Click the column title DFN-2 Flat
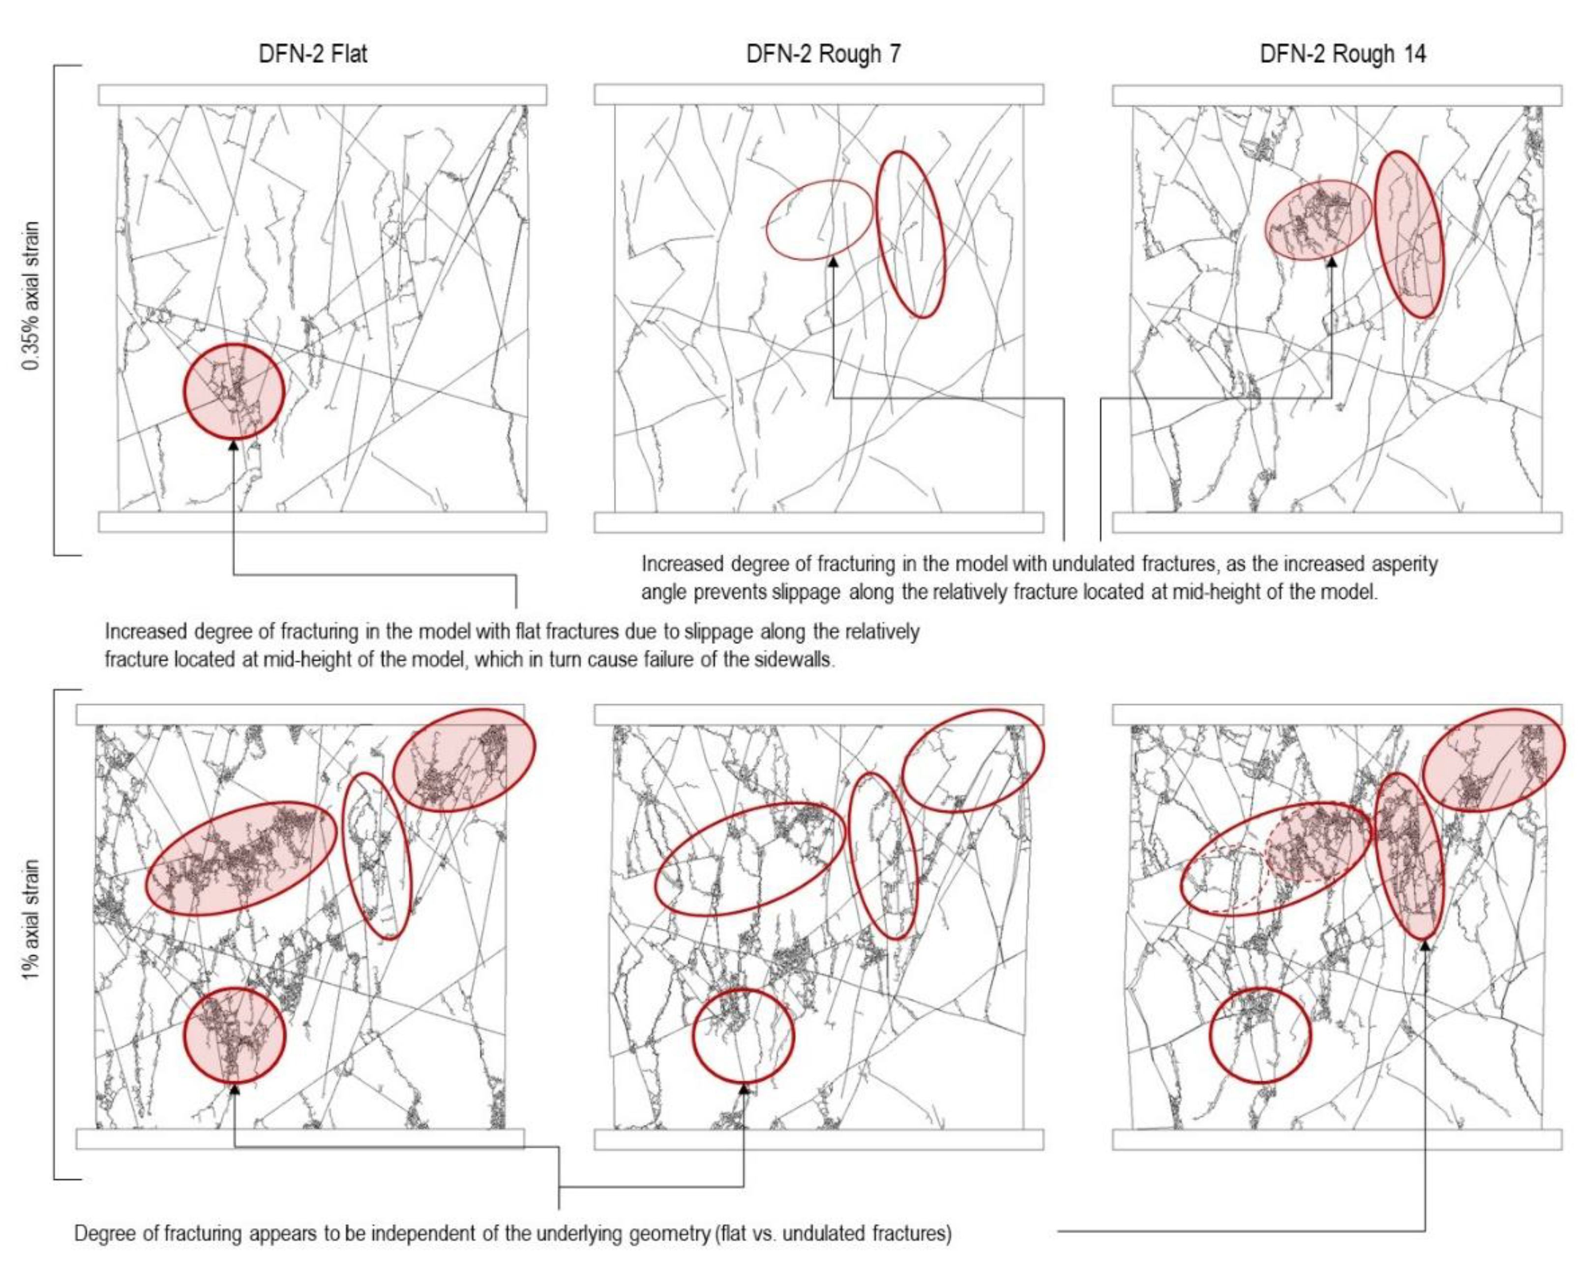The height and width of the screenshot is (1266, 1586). (x=313, y=54)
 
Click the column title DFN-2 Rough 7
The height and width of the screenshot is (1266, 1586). (x=823, y=54)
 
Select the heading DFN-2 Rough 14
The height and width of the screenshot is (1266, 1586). (x=1343, y=54)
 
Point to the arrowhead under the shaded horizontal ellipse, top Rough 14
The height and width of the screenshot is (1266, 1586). (x=1331, y=261)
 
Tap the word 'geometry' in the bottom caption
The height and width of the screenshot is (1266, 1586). (x=669, y=1234)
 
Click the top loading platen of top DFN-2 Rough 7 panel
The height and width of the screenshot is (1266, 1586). (x=819, y=94)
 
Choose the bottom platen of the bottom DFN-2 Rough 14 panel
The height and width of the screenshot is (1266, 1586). (x=1337, y=1139)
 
